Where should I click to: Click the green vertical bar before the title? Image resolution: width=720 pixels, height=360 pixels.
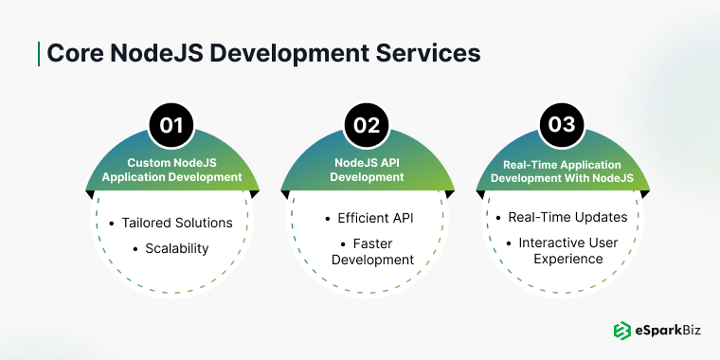38,53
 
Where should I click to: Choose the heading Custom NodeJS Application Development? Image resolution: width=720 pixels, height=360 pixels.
171,170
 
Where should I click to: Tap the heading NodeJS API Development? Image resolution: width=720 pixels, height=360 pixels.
360,170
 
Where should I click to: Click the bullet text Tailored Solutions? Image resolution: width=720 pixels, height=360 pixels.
177,223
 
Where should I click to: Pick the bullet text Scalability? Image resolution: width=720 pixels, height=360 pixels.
178,248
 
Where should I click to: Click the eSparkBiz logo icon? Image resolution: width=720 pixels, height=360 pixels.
621,331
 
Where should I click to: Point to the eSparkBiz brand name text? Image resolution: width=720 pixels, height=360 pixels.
665,332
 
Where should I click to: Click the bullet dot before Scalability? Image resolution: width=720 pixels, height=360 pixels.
135,248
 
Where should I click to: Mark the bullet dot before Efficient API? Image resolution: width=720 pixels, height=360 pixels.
328,218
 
